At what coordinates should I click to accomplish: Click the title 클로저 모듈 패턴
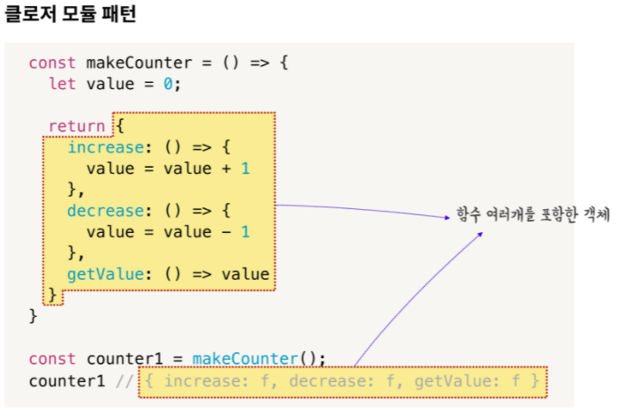tap(71, 15)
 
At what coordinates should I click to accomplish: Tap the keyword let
tap(62, 84)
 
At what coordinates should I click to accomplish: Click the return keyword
tap(76, 126)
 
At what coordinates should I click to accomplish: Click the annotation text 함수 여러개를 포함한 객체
tap(533, 215)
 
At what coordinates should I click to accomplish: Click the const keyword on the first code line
tap(52, 63)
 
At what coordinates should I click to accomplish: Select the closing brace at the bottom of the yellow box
tap(53, 294)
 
